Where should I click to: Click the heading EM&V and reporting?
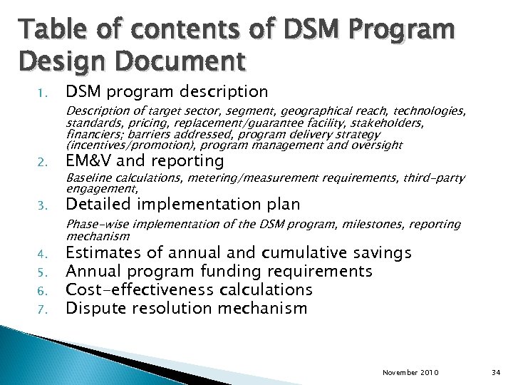pyautogui.click(x=145, y=161)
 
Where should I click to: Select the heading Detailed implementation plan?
pyautogui.click(x=182, y=205)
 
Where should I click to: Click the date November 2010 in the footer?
pyautogui.click(x=411, y=372)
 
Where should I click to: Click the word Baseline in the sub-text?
pyautogui.click(x=88, y=178)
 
